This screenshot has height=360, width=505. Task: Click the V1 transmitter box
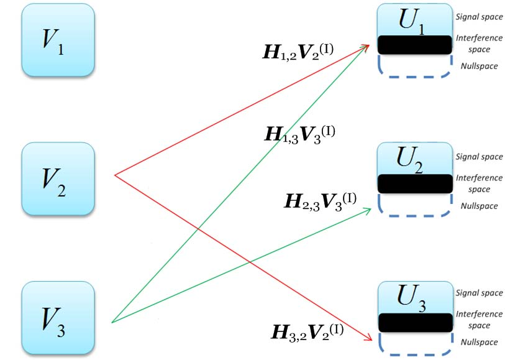coord(58,40)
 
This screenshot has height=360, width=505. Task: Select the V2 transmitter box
coord(58,179)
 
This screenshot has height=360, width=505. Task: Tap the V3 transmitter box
coord(58,318)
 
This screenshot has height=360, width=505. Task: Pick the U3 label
coord(414,297)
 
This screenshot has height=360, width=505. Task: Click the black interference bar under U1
coord(414,44)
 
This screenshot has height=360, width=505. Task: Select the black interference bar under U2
coord(414,183)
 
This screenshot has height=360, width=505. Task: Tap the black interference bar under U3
coord(414,321)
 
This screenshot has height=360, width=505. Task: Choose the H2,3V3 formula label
coord(321,200)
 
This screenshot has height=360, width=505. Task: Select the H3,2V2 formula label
coord(308,330)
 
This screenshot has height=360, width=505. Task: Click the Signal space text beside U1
coord(479,17)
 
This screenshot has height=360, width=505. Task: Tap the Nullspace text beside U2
coord(479,206)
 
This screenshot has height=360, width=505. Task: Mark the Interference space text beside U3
coord(479,320)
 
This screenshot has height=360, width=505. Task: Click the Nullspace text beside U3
coord(479,342)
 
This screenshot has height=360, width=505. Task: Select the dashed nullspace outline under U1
coord(414,75)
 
